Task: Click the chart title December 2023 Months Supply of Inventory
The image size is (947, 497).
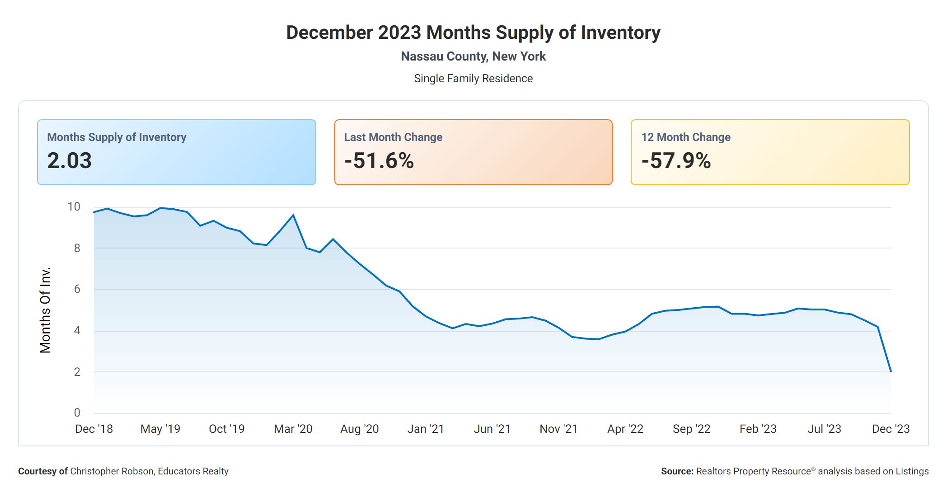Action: [473, 33]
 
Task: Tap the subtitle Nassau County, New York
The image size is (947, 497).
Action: [473, 56]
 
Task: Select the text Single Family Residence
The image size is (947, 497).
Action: [473, 79]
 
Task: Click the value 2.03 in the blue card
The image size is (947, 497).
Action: [70, 161]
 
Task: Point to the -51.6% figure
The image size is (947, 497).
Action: [379, 161]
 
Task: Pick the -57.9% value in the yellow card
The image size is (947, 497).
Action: [676, 161]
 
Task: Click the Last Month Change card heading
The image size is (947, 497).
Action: [393, 137]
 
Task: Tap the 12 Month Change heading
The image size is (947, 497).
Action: [685, 137]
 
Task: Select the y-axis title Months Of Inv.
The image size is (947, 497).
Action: [45, 310]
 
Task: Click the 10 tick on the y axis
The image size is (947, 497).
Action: [74, 207]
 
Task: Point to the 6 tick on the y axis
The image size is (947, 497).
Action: [77, 289]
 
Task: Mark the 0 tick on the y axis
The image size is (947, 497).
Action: [77, 413]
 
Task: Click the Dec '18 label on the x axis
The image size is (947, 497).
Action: [94, 429]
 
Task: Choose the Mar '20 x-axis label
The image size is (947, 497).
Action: [293, 429]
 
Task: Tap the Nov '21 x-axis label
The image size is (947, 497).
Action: [558, 429]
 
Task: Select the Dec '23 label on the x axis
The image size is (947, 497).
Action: [891, 429]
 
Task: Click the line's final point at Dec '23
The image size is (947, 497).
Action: [891, 371]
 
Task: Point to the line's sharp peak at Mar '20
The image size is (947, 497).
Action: [293, 215]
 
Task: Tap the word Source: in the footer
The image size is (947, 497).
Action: [677, 471]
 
